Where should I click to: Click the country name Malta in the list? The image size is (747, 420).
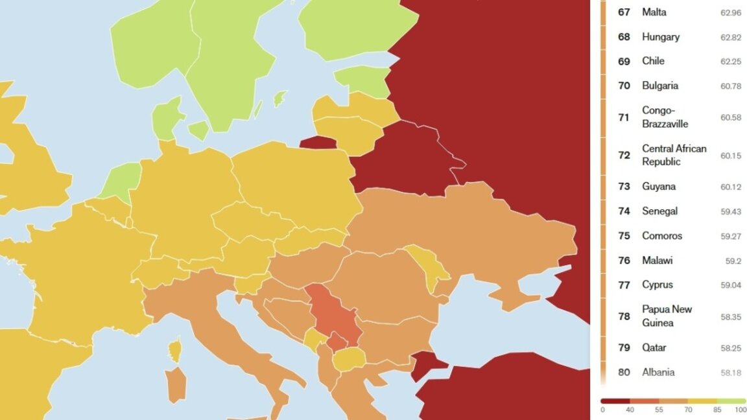point(654,12)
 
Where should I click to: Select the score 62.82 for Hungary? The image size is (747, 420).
point(730,37)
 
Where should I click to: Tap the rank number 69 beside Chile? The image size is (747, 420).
point(624,62)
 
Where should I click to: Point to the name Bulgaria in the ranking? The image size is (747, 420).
point(660,86)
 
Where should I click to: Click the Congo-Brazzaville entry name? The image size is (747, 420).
point(665,117)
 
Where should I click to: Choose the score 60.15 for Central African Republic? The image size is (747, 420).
point(730,156)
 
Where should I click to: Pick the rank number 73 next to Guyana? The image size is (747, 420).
point(624,187)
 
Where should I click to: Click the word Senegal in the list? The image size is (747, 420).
point(659,211)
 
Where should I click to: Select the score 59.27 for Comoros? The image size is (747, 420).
point(730,236)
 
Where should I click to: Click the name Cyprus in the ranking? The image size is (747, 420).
point(658,285)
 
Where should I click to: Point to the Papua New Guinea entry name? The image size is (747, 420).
point(667,316)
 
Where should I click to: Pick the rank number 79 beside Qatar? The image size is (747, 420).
point(624,348)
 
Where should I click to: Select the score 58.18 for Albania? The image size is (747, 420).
point(730,373)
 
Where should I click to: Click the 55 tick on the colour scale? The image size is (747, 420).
point(659,410)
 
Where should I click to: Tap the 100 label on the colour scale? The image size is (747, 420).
point(740,410)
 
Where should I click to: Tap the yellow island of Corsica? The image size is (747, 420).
point(174,351)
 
